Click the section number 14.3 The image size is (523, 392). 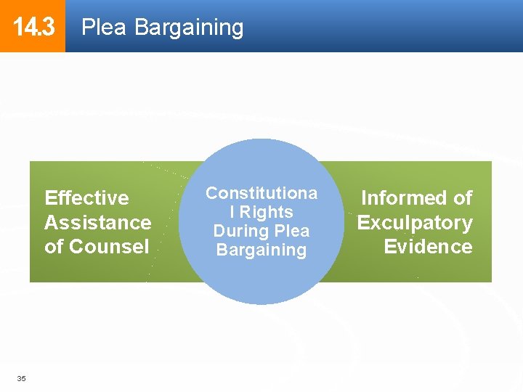tap(33, 28)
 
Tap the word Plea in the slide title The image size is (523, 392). tap(105, 28)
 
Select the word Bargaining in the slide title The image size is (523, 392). tap(189, 28)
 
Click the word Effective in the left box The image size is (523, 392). tap(86, 198)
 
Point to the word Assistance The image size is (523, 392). tap(98, 222)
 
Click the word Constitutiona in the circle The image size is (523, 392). tap(261, 193)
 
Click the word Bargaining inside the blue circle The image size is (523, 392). tap(261, 250)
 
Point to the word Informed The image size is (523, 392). tap(403, 198)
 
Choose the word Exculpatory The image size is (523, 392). tap(415, 222)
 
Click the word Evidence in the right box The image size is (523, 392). tap(428, 246)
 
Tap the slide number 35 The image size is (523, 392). tap(22, 378)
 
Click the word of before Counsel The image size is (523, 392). tap(54, 246)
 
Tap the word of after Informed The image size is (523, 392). tap(461, 198)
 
